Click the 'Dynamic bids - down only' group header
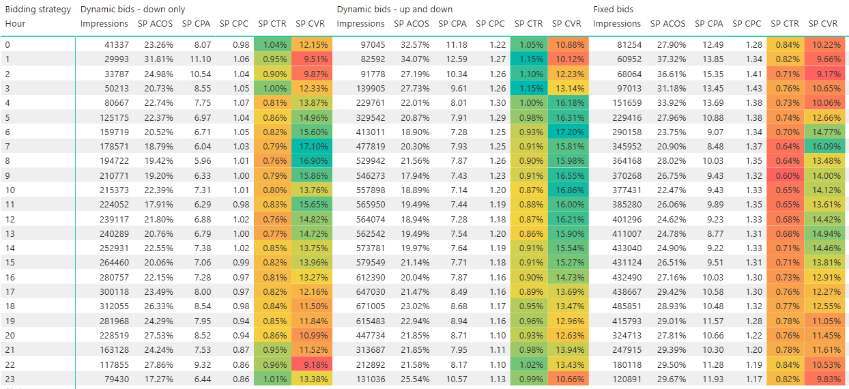pyautogui.click(x=132, y=10)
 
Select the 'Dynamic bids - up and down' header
pyautogui.click(x=394, y=10)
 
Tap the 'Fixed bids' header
pyautogui.click(x=614, y=10)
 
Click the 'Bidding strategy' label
pyautogui.click(x=38, y=10)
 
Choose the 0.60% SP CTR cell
pyautogui.click(x=785, y=175)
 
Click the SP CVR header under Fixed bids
pyautogui.click(x=823, y=24)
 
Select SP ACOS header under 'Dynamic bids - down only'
pyautogui.click(x=156, y=24)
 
